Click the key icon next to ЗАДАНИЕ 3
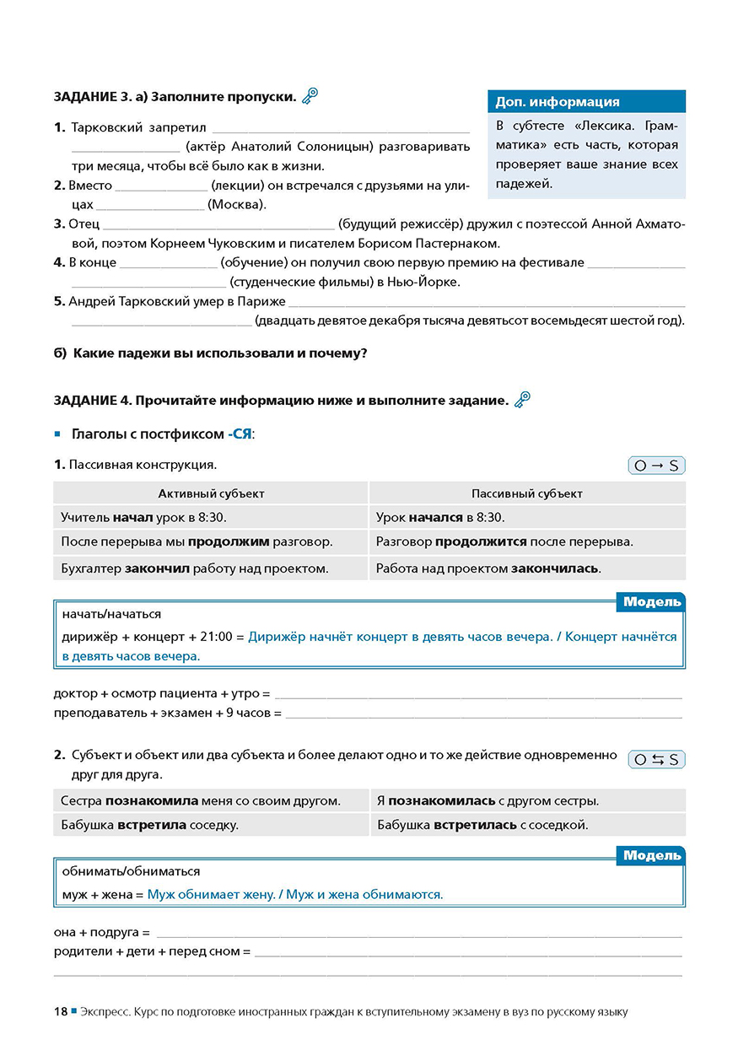(x=310, y=96)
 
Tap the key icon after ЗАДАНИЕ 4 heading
(x=522, y=399)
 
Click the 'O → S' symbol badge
(x=656, y=466)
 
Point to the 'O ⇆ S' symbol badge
(x=656, y=759)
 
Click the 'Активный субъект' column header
(x=211, y=493)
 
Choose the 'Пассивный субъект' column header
(x=526, y=493)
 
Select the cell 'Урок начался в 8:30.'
(x=440, y=517)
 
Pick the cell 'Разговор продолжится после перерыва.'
(x=504, y=541)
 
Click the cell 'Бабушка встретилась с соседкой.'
(x=482, y=825)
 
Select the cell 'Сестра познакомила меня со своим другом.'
(x=201, y=800)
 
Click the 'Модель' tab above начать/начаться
(x=651, y=602)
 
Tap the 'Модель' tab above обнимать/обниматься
(x=651, y=856)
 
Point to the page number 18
(x=60, y=1011)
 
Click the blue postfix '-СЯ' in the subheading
(x=240, y=434)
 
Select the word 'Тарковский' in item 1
(x=107, y=127)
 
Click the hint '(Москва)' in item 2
(x=237, y=204)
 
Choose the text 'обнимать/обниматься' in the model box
(x=132, y=870)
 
